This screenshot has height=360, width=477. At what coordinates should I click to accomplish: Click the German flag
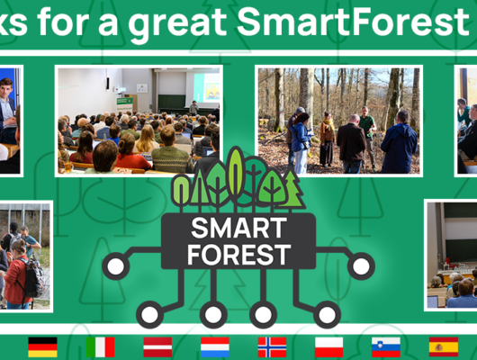(x=42, y=346)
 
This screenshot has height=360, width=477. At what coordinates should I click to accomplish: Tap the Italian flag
(x=100, y=346)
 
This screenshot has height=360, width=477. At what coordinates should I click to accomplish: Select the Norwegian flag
(x=272, y=346)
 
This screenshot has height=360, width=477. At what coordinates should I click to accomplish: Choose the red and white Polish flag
(x=328, y=346)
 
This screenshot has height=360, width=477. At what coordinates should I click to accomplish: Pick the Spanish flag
(x=443, y=346)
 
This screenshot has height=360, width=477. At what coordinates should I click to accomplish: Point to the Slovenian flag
(x=386, y=346)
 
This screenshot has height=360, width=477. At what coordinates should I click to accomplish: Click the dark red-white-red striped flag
(x=157, y=346)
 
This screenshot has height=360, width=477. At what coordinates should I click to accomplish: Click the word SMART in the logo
(x=238, y=226)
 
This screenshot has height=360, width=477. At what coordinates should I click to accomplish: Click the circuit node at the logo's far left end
(x=115, y=265)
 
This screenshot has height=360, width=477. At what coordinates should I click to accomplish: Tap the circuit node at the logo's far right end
(x=361, y=265)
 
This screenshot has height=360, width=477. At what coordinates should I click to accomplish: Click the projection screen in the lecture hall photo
(x=206, y=86)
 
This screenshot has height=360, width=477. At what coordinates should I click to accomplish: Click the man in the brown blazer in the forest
(x=351, y=144)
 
